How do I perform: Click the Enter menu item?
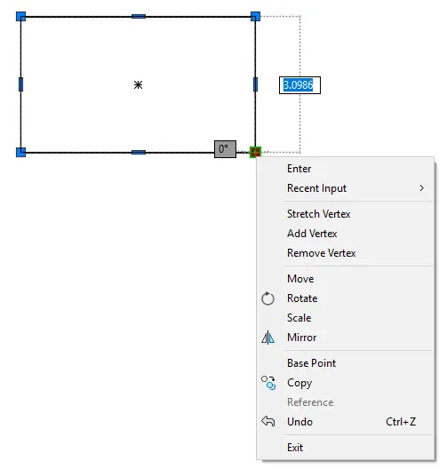(x=299, y=169)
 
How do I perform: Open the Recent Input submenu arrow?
(x=421, y=188)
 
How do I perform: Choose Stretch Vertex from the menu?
(x=319, y=214)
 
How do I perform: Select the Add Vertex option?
(x=312, y=234)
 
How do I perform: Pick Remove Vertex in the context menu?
(x=322, y=253)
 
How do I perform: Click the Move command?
(x=300, y=279)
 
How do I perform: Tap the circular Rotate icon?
(x=267, y=298)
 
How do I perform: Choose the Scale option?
(x=299, y=318)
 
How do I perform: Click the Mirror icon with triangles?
(x=267, y=338)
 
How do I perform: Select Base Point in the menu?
(x=311, y=363)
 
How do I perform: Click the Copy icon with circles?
(x=268, y=383)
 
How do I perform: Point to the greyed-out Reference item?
(x=310, y=402)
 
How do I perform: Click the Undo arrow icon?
(x=268, y=421)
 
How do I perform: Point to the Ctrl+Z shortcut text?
(x=401, y=422)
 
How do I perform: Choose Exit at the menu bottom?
(x=295, y=448)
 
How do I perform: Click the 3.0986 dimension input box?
(x=299, y=85)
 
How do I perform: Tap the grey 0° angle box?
(x=226, y=149)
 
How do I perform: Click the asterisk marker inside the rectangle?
(x=138, y=85)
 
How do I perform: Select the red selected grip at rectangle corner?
(x=255, y=152)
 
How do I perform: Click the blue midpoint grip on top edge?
(x=139, y=17)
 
